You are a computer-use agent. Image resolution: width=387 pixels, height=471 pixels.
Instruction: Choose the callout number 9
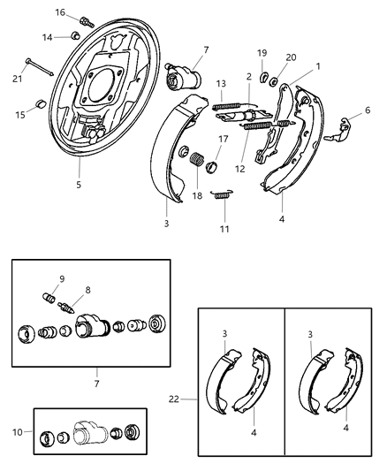tap(61, 279)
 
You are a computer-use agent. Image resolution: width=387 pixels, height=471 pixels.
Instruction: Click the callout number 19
tap(262, 52)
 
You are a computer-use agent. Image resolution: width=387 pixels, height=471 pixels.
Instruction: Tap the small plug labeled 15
tap(40, 107)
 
